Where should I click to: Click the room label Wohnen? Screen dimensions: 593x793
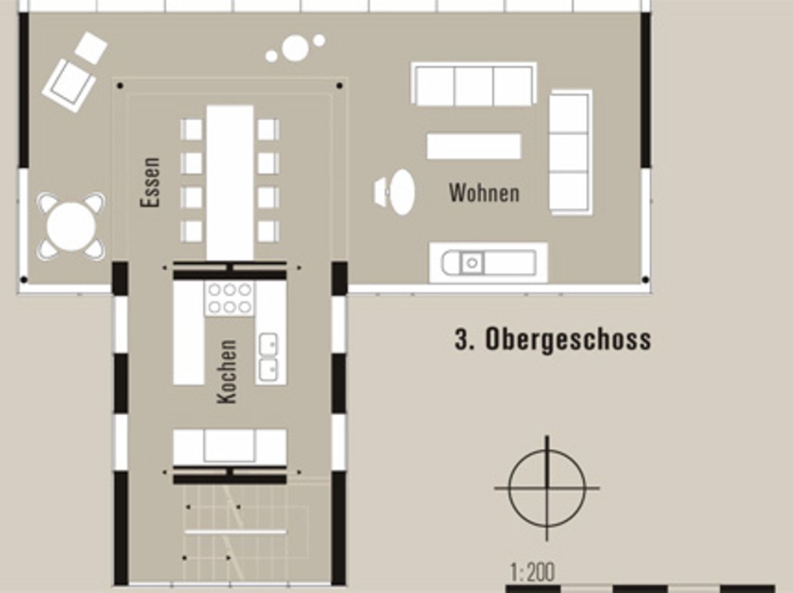(484, 193)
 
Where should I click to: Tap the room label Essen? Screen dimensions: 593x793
(150, 182)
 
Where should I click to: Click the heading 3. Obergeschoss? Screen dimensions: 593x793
(552, 339)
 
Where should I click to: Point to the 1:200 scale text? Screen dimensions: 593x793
(532, 572)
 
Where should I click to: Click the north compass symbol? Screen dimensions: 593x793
(547, 488)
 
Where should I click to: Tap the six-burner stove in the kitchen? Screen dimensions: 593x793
(229, 298)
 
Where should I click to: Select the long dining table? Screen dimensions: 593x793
(230, 182)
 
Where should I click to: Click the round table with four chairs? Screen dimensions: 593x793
(70, 227)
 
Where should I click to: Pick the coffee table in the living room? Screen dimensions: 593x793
(474, 146)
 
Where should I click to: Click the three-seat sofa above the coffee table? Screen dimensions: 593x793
(474, 84)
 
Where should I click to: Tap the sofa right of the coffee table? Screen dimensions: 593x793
(571, 152)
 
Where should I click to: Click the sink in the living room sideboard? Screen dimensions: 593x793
(471, 263)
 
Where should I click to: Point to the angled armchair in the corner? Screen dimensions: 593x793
(69, 85)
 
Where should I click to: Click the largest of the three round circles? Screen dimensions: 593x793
(296, 48)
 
